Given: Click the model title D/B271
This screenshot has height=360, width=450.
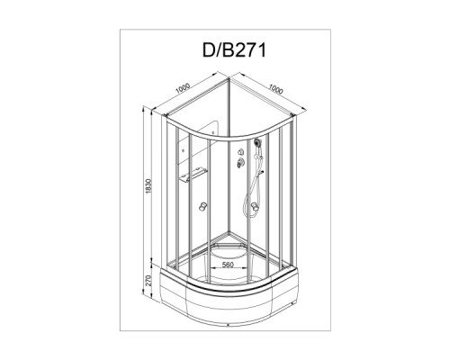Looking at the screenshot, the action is tap(234, 49).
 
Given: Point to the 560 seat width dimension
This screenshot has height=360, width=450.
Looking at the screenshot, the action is tap(228, 265).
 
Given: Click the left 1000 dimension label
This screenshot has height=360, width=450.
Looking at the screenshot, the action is tap(183, 88).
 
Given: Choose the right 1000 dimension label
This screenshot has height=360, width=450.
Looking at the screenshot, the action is tap(275, 88).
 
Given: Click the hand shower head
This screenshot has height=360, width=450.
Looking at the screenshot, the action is tap(257, 142).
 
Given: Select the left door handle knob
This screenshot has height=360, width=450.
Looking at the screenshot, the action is tap(203, 206).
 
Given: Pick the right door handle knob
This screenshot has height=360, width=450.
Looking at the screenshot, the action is tap(255, 206).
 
